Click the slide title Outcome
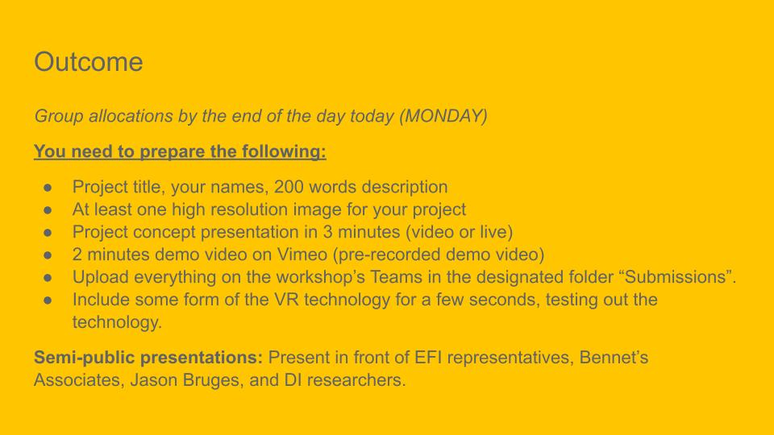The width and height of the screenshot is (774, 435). [89, 62]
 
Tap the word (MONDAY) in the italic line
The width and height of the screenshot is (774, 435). [443, 116]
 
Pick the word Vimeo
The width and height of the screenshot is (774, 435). [302, 255]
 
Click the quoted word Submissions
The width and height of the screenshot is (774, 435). [676, 277]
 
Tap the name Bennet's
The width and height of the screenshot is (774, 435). [614, 358]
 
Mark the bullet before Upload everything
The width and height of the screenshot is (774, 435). [48, 277]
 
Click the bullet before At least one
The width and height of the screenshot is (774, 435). [48, 210]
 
